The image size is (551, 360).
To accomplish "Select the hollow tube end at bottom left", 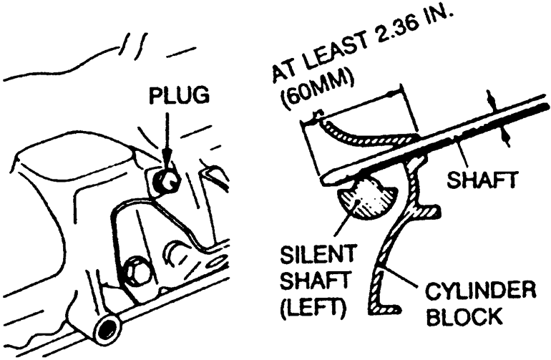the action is tap(107, 329).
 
